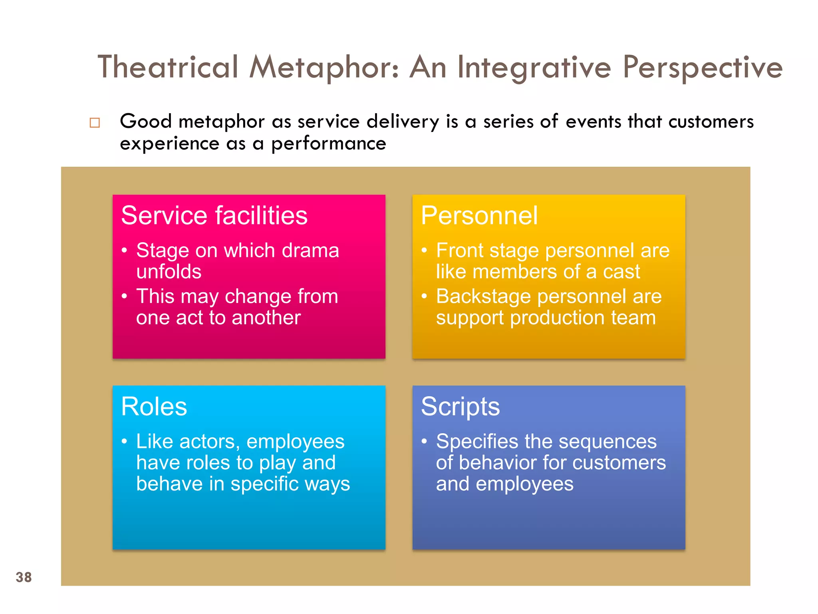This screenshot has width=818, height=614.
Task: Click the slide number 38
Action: (x=24, y=577)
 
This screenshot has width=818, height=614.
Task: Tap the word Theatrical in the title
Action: (x=168, y=67)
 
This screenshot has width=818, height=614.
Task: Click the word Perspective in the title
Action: (x=703, y=67)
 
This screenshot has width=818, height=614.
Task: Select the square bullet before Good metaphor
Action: (x=95, y=122)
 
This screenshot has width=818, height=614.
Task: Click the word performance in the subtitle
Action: (x=329, y=144)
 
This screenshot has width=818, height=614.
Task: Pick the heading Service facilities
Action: (x=214, y=216)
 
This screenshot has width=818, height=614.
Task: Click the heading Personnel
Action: (x=479, y=216)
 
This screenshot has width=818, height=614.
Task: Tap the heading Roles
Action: (x=154, y=407)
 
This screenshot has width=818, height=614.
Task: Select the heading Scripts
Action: (x=460, y=407)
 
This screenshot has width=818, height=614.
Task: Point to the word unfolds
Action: (x=169, y=272)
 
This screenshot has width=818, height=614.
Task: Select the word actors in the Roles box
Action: (x=209, y=442)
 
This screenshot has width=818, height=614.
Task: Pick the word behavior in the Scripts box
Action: (x=498, y=463)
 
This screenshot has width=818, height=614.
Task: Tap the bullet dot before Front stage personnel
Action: (x=424, y=251)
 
